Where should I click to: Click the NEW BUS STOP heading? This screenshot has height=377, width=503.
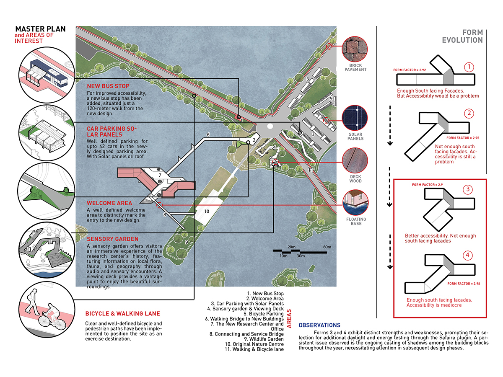click(106, 86)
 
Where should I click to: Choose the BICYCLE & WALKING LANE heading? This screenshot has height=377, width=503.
click(122, 313)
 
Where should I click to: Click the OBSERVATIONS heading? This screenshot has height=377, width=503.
click(319, 325)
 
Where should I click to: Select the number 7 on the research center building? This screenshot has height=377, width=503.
click(159, 175)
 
